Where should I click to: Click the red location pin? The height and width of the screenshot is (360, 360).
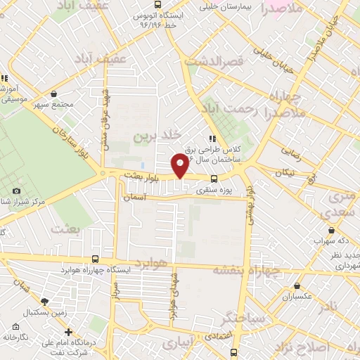coord(180,166)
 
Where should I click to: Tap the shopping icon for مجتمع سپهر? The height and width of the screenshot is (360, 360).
coord(54,94)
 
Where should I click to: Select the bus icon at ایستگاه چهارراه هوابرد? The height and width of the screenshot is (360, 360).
coord(95,259)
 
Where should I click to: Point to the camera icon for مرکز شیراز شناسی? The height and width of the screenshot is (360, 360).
coord(17,191)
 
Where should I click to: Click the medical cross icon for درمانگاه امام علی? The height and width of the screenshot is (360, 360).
coord(68,332)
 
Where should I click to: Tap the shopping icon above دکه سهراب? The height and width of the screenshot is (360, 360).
coord(330,230)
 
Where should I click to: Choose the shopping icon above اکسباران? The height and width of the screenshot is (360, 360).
coord(298,286)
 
